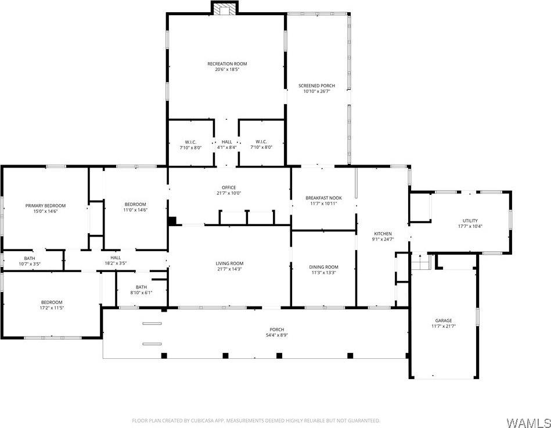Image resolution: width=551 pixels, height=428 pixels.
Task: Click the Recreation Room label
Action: click(x=224, y=63)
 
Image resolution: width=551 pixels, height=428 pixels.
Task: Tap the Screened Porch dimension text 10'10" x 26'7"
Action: click(x=317, y=91)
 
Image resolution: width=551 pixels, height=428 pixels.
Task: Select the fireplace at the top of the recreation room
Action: click(x=224, y=8)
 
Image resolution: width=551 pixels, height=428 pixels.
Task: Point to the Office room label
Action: click(x=229, y=187)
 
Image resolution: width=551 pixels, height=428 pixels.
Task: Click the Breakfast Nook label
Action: click(x=323, y=198)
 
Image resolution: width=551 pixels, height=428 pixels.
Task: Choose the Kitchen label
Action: click(x=383, y=234)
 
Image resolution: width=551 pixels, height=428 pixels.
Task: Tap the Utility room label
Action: click(x=470, y=220)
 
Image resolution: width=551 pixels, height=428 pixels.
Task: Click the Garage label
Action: click(x=444, y=320)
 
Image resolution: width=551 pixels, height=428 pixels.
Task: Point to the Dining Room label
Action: click(x=323, y=267)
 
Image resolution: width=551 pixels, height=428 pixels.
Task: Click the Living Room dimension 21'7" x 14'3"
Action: click(x=229, y=269)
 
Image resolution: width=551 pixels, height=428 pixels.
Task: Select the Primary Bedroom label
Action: click(x=45, y=205)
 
